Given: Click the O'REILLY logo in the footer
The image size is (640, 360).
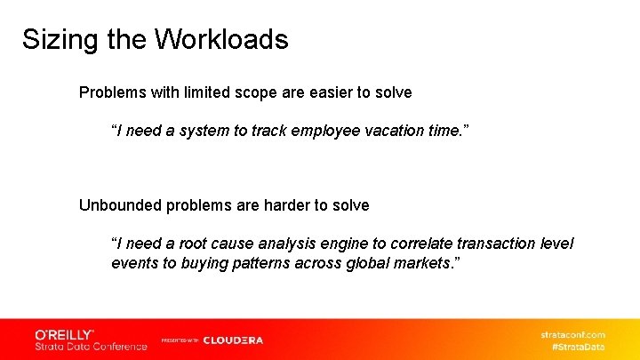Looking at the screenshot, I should pyautogui.click(x=65, y=334).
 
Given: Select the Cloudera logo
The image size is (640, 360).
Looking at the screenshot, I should pyautogui.click(x=233, y=340).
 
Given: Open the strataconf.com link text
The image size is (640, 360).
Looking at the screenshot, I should pyautogui.click(x=572, y=334).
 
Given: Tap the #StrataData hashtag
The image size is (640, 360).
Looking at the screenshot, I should pyautogui.click(x=579, y=346).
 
